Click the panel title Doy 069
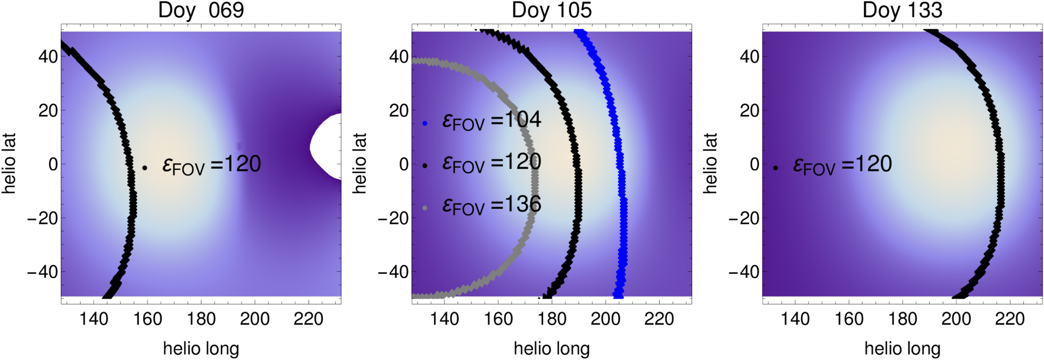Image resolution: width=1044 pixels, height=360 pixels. (x=201, y=10)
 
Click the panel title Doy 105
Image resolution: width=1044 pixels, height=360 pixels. (x=551, y=10)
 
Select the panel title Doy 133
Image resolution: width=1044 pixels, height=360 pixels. (x=902, y=10)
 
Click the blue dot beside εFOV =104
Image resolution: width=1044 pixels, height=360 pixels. (x=425, y=124)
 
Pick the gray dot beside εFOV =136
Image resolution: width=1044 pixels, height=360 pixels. (x=425, y=208)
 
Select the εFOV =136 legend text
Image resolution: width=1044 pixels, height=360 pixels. (x=492, y=205)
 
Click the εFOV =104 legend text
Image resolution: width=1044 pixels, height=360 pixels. (x=492, y=120)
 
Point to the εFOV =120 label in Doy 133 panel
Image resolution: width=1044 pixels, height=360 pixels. (x=842, y=165)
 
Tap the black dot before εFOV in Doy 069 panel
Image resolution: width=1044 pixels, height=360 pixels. (x=144, y=168)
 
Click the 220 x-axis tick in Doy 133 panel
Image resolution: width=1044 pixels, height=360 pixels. (x=1009, y=319)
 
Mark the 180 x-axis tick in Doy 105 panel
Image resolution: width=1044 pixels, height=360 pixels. (x=551, y=319)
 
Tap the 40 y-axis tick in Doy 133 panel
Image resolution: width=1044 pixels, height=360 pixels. (x=750, y=57)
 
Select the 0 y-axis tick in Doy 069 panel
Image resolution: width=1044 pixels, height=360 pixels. (x=53, y=165)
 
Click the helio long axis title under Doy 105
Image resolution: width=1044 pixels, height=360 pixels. (x=551, y=348)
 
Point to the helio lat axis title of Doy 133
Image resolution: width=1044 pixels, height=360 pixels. (x=710, y=164)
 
